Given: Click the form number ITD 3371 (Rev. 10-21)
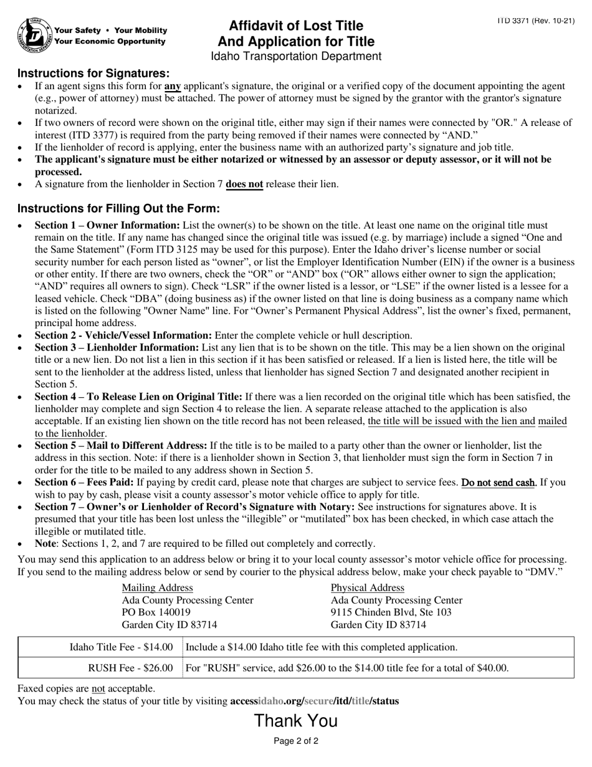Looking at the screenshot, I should pos(535,21).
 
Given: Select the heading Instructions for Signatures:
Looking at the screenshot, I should pos(93,73).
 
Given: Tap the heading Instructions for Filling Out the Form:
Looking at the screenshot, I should pos(118,208).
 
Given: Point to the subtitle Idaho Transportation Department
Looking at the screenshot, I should pos(296,57).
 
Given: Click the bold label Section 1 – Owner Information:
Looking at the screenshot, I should pos(107,225).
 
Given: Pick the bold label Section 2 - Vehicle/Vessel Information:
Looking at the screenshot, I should pos(123,335).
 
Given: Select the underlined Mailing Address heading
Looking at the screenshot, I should pos(157,587).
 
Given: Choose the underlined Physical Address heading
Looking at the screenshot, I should pos(367,587).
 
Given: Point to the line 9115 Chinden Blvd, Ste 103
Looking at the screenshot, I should pos(391,612).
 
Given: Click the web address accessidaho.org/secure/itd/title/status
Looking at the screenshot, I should pos(314,701).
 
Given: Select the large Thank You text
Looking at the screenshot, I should pos(295,721).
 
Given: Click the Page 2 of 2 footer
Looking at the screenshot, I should pos(296,741).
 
